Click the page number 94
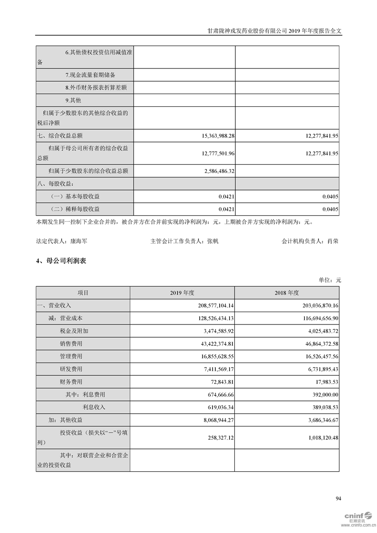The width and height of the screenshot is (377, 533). click(338, 498)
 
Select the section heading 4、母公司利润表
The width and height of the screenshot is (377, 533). click(61, 261)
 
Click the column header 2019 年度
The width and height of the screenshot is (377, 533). click(183, 293)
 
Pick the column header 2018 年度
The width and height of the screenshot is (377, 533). click(287, 293)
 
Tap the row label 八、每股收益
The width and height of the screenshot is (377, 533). click(56, 183)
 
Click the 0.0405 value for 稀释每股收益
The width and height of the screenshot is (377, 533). click(330, 209)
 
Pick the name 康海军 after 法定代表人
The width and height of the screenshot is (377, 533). click(78, 241)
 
